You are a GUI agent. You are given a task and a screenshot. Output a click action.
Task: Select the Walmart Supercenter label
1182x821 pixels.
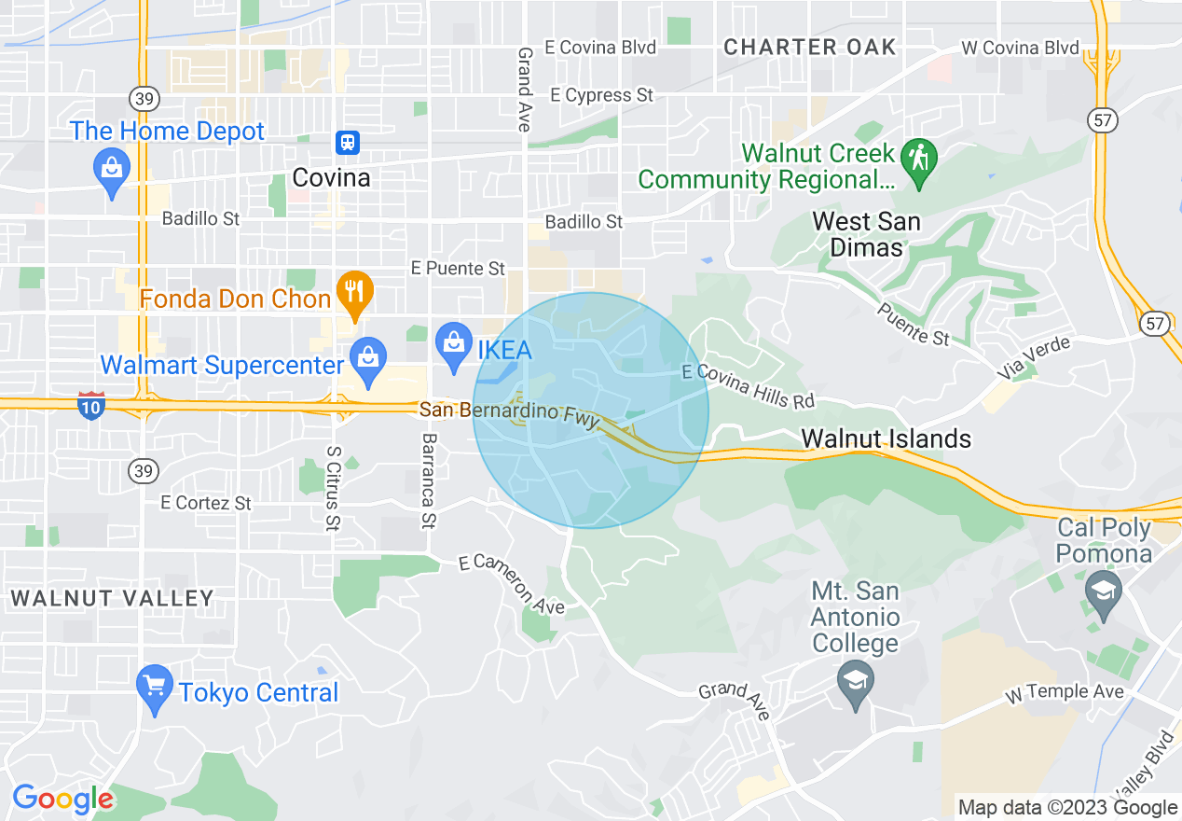pyautogui.click(x=222, y=365)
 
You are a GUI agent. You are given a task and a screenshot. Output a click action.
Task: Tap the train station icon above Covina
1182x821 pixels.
pyautogui.click(x=348, y=143)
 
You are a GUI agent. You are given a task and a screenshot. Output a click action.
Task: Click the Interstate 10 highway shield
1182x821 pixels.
pyautogui.click(x=91, y=406)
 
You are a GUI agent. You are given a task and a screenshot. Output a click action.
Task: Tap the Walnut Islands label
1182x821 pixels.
pyautogui.click(x=886, y=438)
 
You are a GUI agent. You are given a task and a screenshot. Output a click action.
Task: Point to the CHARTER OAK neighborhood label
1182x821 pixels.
pyautogui.click(x=810, y=47)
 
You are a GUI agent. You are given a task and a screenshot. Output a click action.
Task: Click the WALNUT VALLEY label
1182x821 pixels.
pyautogui.click(x=113, y=598)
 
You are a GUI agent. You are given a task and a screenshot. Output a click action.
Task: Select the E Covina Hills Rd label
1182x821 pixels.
pyautogui.click(x=749, y=387)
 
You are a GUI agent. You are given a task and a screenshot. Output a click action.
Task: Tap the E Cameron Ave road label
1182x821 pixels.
pyautogui.click(x=513, y=585)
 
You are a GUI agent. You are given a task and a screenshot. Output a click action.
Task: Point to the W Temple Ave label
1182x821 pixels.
pyautogui.click(x=1065, y=692)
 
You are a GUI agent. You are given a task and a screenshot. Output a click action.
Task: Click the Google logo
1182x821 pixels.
pyautogui.click(x=62, y=799)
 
